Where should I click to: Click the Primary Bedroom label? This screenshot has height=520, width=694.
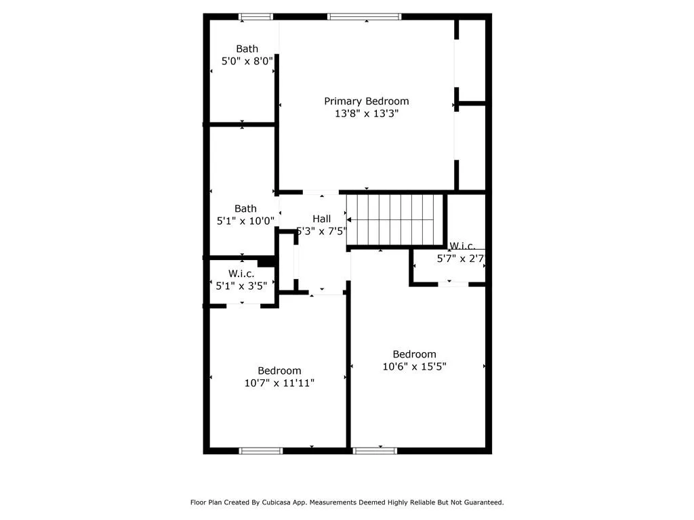(366, 102)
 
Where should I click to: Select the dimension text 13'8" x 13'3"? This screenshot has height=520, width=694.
(366, 114)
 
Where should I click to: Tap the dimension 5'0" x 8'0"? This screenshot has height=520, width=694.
(247, 61)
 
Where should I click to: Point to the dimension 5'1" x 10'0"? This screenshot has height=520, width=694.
(245, 221)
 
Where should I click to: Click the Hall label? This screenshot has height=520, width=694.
(321, 219)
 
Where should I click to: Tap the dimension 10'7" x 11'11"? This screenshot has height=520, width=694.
(279, 383)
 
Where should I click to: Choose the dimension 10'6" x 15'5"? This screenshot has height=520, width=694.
(414, 366)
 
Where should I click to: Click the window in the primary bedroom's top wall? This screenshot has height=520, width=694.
(364, 16)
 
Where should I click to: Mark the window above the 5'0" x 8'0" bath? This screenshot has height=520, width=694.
(256, 16)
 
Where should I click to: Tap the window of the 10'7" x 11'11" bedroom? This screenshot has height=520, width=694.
(261, 450)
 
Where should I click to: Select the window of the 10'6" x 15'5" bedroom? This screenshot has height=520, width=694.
(375, 450)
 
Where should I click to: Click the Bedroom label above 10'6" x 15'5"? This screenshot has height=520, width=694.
(414, 354)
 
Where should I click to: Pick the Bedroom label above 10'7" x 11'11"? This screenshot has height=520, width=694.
(279, 370)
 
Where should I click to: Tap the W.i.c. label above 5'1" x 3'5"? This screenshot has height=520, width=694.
(241, 274)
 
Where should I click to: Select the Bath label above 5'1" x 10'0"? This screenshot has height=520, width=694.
(245, 209)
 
